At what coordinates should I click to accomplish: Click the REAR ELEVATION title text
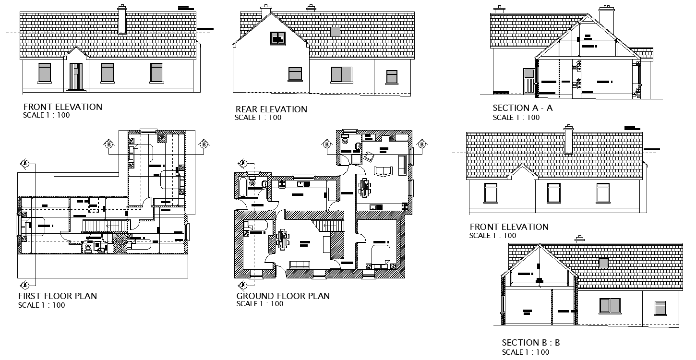(x=271, y=109)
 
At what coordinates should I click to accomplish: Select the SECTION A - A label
(x=522, y=108)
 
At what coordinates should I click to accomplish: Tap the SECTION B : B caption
(x=530, y=343)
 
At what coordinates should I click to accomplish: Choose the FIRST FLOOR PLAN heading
(x=58, y=296)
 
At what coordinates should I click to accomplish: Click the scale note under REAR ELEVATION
(x=258, y=118)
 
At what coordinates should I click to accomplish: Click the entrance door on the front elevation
(x=76, y=76)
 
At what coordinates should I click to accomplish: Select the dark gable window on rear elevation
(x=277, y=37)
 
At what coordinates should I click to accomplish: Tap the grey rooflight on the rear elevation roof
(x=335, y=32)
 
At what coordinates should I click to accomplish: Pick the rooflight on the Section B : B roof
(x=603, y=263)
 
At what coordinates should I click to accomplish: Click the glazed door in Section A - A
(x=528, y=81)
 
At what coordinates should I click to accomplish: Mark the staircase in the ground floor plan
(x=330, y=225)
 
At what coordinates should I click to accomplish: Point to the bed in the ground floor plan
(x=381, y=256)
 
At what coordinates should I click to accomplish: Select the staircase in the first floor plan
(x=106, y=225)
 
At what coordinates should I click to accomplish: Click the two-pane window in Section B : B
(x=610, y=305)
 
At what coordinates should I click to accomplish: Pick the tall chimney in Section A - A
(x=606, y=18)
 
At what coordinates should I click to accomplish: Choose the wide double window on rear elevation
(x=341, y=74)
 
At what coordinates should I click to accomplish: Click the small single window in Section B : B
(x=660, y=308)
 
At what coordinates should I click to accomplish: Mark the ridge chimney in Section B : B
(x=580, y=239)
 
